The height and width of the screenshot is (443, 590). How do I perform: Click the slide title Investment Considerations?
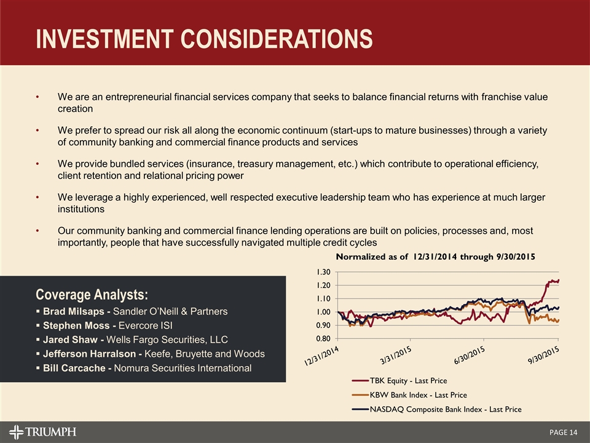(x=203, y=38)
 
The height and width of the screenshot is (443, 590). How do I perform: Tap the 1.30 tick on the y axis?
(x=323, y=272)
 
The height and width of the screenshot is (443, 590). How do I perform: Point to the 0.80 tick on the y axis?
(x=323, y=338)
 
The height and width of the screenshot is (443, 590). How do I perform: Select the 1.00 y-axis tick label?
(x=323, y=312)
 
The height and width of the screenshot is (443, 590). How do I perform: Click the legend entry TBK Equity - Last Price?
(x=408, y=381)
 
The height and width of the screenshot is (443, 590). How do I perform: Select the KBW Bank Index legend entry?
(x=418, y=395)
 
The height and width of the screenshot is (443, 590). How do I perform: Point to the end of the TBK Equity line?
(x=559, y=281)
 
